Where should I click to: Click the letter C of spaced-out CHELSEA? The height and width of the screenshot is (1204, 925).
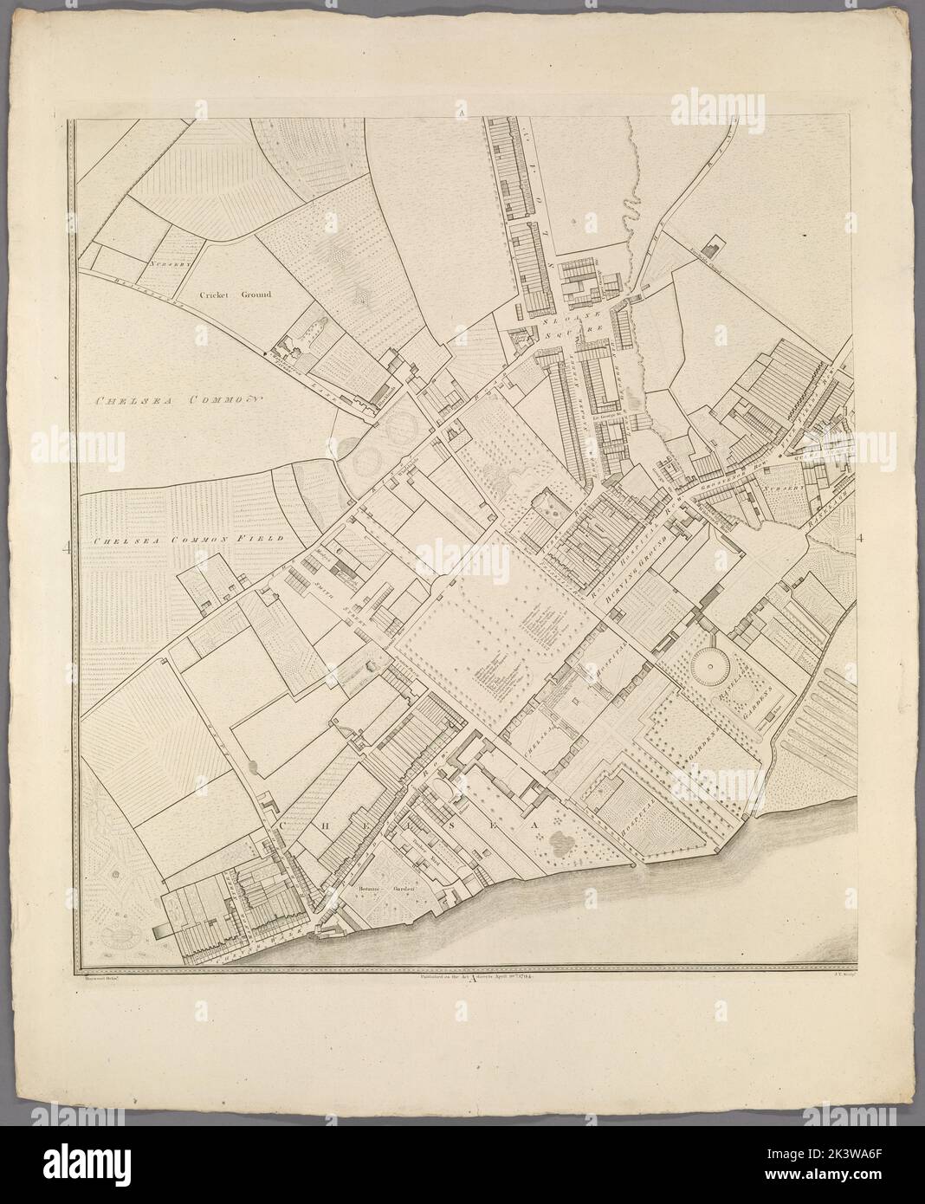coord(282,827)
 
